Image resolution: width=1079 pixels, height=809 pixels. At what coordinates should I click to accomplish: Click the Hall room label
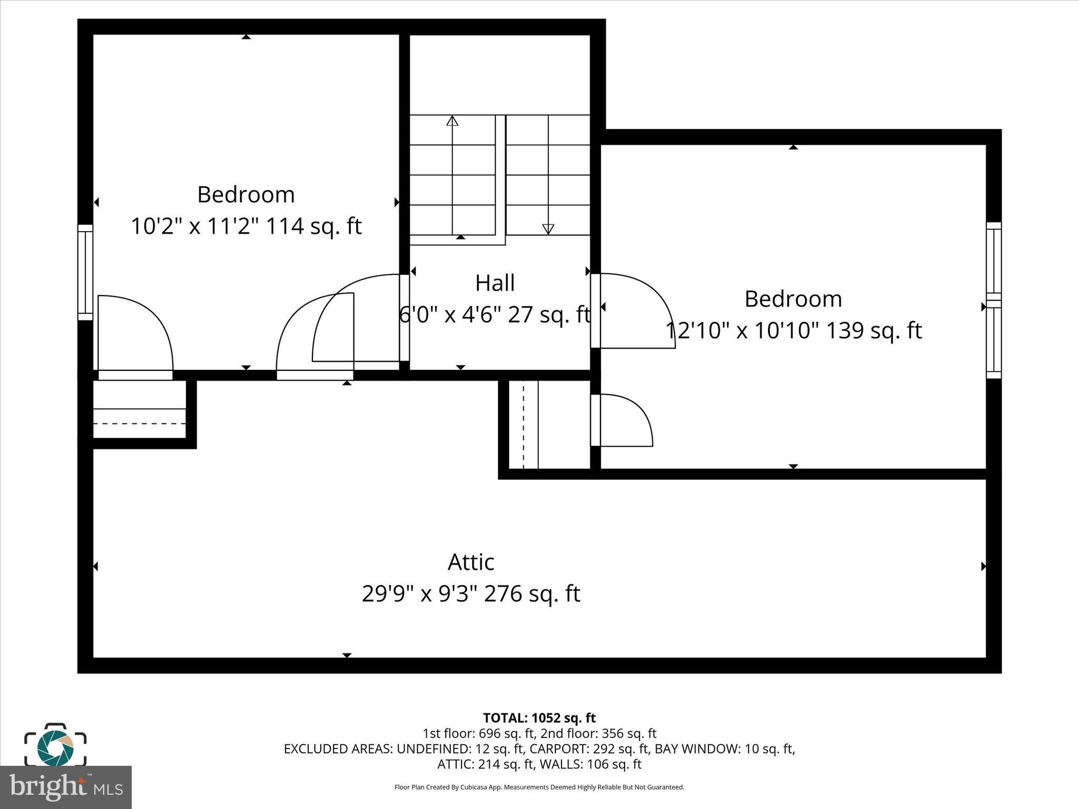pos(495,283)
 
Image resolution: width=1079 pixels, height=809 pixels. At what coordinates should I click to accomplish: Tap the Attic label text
pos(470,562)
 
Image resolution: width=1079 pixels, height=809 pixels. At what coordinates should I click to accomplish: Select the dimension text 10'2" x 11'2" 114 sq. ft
pos(246,226)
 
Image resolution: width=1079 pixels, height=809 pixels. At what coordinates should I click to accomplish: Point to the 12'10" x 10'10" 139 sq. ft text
pos(793,331)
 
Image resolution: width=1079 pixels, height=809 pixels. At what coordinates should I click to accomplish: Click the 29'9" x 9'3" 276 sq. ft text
pos(470,594)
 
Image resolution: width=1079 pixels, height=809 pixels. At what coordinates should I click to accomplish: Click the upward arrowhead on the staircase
pos(452,121)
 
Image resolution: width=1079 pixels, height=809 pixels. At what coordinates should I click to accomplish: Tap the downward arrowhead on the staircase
pos(548,229)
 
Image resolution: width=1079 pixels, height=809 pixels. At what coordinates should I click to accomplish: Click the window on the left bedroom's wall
pos(85,272)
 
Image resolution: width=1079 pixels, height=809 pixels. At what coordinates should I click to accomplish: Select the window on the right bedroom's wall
pos(994,300)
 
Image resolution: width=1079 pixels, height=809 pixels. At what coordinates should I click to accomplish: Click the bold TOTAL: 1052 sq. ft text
pos(539,718)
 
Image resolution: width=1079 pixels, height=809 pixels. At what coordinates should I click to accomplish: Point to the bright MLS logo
pos(66,787)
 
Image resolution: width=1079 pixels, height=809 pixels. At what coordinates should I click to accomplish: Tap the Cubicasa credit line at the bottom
pos(539,787)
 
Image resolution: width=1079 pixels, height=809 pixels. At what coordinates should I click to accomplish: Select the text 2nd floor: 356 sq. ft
pos(598,733)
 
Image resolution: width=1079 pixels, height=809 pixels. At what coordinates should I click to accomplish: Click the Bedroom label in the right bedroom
pos(793,299)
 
